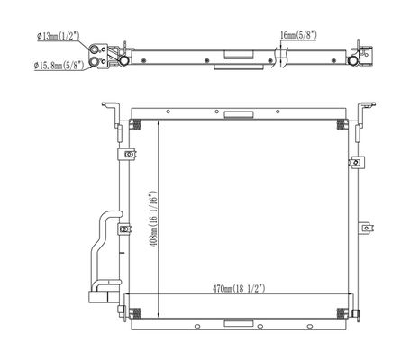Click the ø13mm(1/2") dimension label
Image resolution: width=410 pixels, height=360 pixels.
[58, 36]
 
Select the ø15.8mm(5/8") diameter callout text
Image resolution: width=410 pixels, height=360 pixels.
[59, 65]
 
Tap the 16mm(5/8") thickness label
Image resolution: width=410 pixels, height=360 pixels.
[298, 35]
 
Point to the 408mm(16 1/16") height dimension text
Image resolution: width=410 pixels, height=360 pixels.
[153, 219]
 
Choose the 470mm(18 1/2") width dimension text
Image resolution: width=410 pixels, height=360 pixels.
[239, 289]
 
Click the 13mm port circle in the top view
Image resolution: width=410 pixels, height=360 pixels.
[94, 49]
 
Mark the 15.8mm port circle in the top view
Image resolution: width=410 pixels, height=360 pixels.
[95, 61]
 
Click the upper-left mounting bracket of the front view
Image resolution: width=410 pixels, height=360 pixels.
[114, 114]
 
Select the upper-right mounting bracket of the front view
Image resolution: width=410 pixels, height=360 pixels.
[364, 114]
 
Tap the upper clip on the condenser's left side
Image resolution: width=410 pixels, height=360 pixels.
[127, 155]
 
